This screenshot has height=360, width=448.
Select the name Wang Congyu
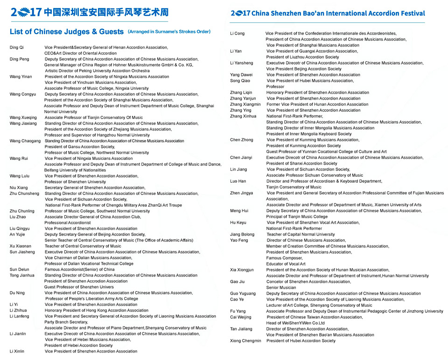[x=22, y=94]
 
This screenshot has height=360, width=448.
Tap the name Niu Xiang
[x=19, y=187]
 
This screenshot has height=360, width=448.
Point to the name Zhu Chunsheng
[x=25, y=194]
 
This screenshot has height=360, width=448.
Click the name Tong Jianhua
[x=22, y=276]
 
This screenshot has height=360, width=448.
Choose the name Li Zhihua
[x=18, y=311]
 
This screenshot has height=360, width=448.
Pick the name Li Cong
[x=237, y=34]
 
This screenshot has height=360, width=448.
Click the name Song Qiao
[x=241, y=81]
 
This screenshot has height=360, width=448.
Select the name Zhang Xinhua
[x=243, y=116]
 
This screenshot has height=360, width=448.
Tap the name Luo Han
[x=238, y=181]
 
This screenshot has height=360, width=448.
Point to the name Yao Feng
[x=239, y=240]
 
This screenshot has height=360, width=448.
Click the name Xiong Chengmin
[x=245, y=341]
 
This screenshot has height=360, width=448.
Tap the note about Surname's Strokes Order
[x=169, y=32]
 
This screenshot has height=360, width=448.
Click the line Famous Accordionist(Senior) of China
[x=79, y=270]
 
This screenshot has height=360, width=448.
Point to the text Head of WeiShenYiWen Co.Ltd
[x=295, y=323]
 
